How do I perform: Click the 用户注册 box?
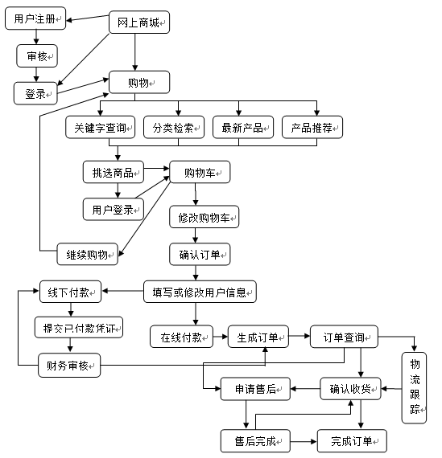(35, 19)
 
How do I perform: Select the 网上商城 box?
(138, 23)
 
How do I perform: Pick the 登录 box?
(35, 93)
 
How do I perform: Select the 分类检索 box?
(174, 127)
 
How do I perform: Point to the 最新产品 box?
(242, 127)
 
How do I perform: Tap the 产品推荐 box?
(312, 127)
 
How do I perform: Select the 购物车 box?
(200, 171)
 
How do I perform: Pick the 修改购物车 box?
(204, 217)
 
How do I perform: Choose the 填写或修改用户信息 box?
(200, 291)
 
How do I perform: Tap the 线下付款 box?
(70, 291)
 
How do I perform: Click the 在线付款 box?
(180, 335)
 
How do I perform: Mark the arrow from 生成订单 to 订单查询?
(298, 335)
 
